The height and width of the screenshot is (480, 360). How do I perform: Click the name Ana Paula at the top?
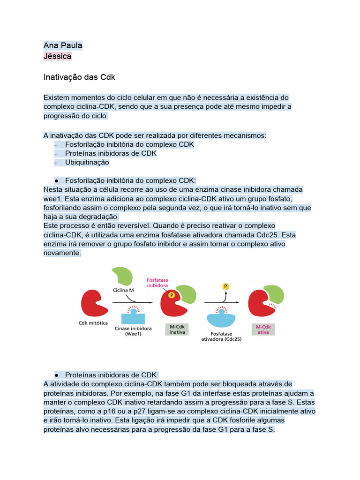(x=63, y=45)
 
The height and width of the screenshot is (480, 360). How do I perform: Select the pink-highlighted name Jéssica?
(x=58, y=56)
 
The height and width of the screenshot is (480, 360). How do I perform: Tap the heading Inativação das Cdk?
(x=79, y=76)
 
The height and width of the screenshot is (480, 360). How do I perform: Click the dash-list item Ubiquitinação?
(x=87, y=162)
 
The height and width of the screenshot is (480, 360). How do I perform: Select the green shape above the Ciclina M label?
(x=122, y=277)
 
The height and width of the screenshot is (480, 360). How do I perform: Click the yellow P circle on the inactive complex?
(x=172, y=295)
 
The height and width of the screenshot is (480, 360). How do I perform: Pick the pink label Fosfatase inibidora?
(x=157, y=282)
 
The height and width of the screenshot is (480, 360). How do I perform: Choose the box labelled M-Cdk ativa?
(x=264, y=329)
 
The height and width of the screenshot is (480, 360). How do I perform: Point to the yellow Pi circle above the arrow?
(x=226, y=285)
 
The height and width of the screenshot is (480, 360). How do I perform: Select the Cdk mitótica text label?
(x=93, y=323)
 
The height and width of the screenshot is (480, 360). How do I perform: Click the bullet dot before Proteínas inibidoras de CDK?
(x=56, y=375)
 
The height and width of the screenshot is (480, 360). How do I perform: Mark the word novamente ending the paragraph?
(x=62, y=253)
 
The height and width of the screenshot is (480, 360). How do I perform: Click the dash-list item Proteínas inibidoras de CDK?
(x=111, y=153)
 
